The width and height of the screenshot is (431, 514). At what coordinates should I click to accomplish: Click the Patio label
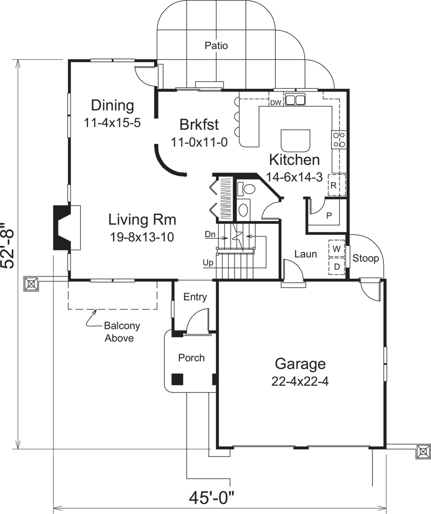pos(216,46)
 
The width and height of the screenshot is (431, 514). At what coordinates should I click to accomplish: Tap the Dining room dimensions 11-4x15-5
pos(112,123)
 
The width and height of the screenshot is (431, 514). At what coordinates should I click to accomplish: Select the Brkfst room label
pos(199,124)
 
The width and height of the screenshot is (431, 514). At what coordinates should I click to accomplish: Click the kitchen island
pos(296,139)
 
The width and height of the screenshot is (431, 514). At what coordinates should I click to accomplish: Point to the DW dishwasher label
pos(276,103)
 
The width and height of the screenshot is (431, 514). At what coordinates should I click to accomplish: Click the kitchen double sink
pos(295,100)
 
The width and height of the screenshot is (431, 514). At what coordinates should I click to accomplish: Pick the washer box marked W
pos(337,249)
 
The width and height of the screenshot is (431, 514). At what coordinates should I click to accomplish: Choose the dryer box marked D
pos(337,267)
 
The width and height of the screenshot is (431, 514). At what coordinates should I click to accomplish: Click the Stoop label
pos(366,259)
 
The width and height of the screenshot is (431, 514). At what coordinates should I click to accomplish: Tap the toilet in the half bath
pos(247,189)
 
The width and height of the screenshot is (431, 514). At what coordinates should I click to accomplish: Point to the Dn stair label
pos(209,234)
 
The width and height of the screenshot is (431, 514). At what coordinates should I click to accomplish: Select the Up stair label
pos(208,263)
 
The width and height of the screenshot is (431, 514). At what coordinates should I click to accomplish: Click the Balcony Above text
pos(122,332)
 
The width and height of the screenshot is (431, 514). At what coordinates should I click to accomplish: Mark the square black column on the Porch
pos(177,379)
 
